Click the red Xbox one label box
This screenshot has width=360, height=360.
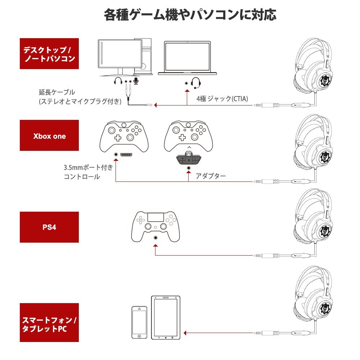(49, 136)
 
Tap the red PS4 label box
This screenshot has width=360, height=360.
(49, 227)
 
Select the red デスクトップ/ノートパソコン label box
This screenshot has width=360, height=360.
(49, 54)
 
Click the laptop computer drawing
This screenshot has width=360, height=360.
(188, 58)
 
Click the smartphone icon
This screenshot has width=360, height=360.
(139, 323)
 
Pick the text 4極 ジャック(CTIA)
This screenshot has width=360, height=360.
(222, 99)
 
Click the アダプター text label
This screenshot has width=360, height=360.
(211, 176)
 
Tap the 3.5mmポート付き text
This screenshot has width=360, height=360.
(88, 167)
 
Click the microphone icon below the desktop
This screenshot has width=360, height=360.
(136, 81)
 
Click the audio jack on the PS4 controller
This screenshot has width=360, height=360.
(155, 238)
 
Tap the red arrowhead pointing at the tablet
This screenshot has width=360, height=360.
(186, 333)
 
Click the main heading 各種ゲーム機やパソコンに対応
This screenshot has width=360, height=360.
(190, 15)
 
